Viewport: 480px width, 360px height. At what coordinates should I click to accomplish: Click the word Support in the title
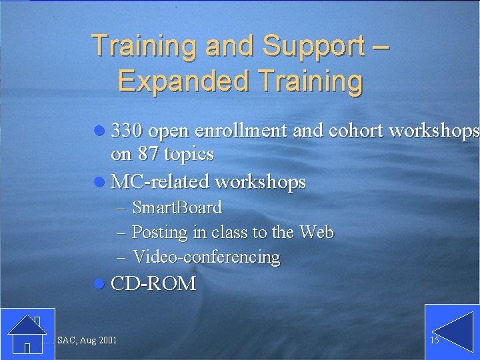click(313, 47)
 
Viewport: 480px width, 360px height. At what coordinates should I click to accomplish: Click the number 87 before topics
click(147, 154)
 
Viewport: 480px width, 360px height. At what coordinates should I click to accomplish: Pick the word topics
click(187, 155)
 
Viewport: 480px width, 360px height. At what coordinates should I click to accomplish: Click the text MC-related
click(161, 181)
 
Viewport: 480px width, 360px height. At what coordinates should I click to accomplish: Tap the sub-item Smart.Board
click(177, 208)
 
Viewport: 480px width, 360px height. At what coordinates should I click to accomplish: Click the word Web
click(316, 232)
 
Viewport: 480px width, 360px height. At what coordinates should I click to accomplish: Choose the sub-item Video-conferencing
click(206, 257)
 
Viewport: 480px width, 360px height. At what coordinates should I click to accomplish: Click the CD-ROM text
click(153, 284)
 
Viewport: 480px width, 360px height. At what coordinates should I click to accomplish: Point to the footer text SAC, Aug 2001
click(87, 341)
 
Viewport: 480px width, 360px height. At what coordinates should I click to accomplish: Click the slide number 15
click(434, 341)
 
